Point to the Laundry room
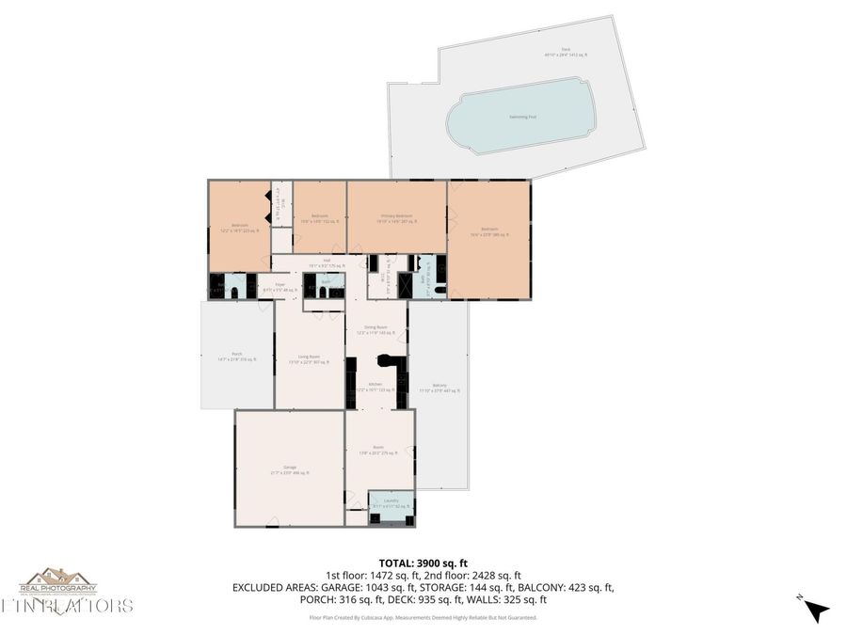click(390, 502)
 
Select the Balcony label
click(439, 387)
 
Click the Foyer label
click(280, 285)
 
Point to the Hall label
click(327, 262)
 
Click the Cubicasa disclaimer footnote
click(423, 618)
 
